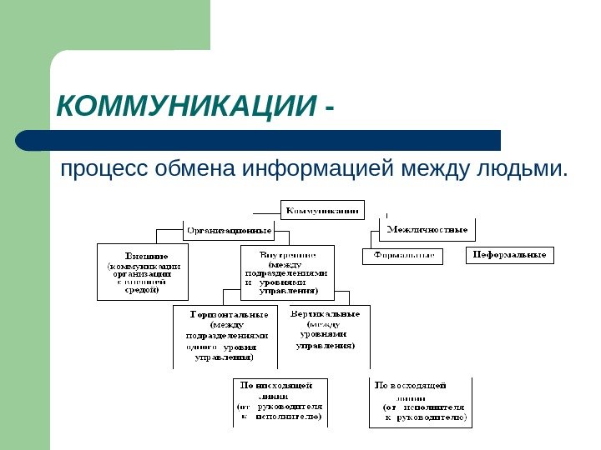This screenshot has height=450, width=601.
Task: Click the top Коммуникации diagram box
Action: coord(324,209)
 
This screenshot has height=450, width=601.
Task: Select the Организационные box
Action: coord(229,229)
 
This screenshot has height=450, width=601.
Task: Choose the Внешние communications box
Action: coord(143,271)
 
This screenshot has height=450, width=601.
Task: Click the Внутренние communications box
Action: coord(287,272)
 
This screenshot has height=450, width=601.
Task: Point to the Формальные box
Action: coord(402,255)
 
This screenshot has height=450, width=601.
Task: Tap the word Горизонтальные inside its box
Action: coord(228,314)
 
